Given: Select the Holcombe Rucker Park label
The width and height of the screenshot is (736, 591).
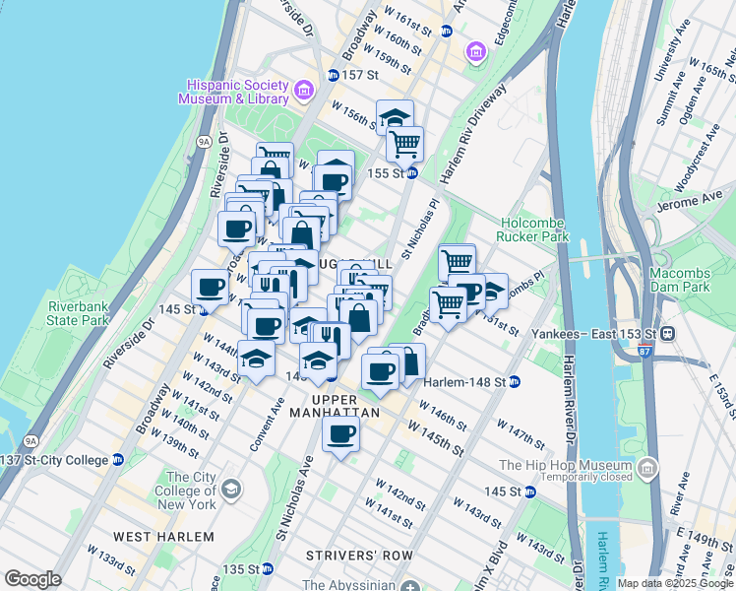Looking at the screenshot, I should [534, 230].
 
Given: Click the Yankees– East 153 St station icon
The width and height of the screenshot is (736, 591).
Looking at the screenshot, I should [668, 333].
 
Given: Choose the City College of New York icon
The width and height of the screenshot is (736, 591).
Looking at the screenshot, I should [231, 490].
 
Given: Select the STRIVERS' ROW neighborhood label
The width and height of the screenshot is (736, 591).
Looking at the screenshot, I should [358, 556].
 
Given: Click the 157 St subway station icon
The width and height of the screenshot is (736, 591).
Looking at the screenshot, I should [333, 75].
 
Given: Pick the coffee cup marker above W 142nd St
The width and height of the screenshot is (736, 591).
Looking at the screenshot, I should [341, 434].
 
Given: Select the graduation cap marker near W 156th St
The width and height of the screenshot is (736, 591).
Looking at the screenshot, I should [395, 117].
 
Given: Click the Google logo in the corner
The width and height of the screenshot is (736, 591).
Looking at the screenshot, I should [31, 579].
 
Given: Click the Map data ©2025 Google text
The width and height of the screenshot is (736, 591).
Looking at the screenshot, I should [674, 583].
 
